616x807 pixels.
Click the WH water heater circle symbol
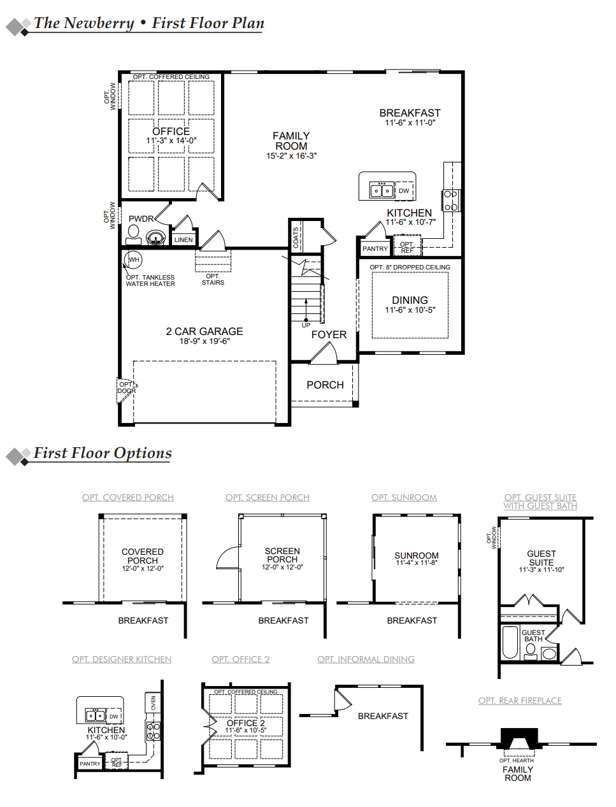tap(133, 259)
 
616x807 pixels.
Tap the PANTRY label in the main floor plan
tap(375, 249)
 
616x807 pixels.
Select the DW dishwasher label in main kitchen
tap(404, 190)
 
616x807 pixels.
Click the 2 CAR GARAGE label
tap(204, 331)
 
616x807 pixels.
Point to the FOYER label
tap(329, 334)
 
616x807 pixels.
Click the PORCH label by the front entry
tap(325, 385)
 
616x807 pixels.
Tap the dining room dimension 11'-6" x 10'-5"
tap(410, 310)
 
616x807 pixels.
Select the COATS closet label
tap(296, 238)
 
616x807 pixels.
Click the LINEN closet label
tap(183, 240)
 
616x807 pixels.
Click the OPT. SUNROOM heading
tap(404, 497)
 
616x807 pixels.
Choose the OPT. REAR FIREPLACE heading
tap(520, 701)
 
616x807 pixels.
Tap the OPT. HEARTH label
tap(517, 761)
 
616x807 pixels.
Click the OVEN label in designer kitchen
tap(153, 703)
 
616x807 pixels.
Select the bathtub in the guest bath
tap(510, 642)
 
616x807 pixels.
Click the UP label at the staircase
tap(306, 325)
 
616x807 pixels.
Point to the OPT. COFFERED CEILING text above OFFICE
tap(171, 76)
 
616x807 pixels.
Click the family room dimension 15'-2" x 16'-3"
tap(291, 155)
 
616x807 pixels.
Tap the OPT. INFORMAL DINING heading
tap(366, 659)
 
